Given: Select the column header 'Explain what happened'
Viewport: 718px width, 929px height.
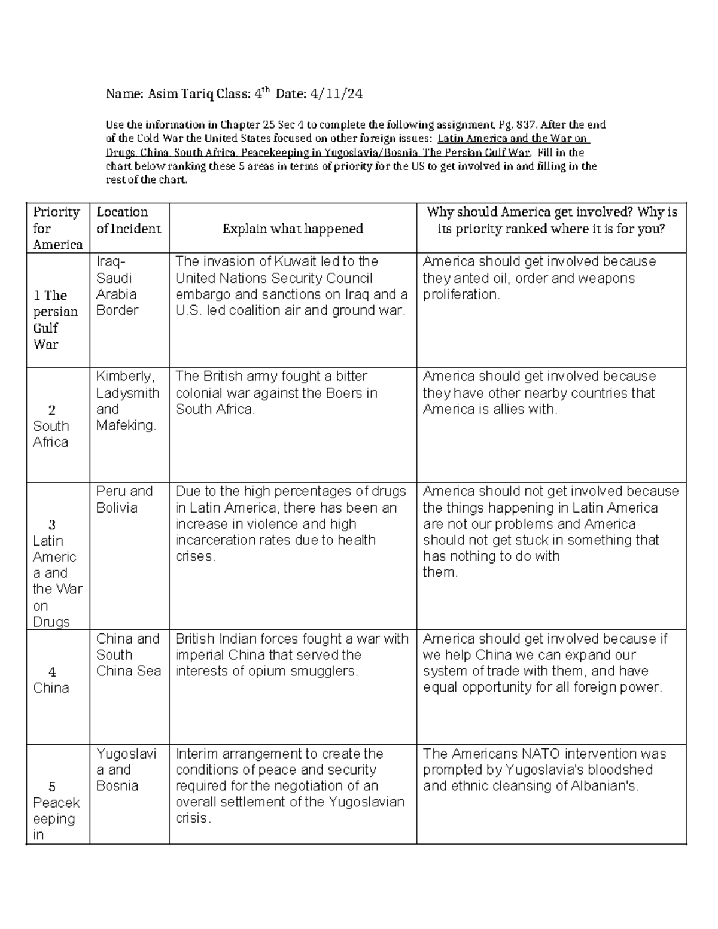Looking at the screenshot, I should tap(293, 229).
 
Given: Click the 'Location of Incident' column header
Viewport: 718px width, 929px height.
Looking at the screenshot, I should tap(128, 220).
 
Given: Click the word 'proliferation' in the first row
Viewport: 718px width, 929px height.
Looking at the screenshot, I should tap(460, 294).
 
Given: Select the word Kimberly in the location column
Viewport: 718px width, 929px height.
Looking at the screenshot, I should tap(124, 376).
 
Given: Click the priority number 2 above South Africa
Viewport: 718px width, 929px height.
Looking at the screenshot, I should tap(52, 410).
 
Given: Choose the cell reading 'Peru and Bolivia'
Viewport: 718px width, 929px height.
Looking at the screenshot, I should tap(124, 499).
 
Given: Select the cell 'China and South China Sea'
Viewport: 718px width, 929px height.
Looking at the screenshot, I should tap(128, 655).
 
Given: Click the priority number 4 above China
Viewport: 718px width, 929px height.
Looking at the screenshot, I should tap(52, 672).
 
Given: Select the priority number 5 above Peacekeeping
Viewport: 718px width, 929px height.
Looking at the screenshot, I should tap(52, 787).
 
